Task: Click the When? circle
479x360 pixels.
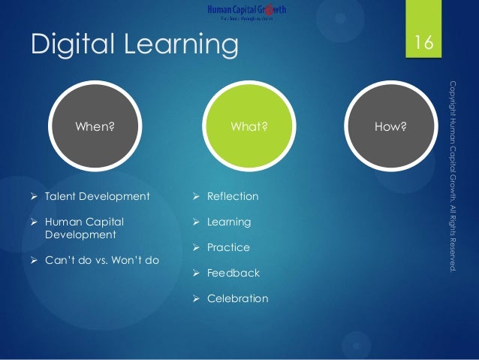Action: [x=95, y=127]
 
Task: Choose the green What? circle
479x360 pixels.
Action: [x=249, y=127]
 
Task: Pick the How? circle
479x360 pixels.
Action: [x=390, y=127]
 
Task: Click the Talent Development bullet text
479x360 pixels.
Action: [x=97, y=197]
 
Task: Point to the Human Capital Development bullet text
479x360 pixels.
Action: [x=84, y=228]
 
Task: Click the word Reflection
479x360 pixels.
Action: [x=232, y=197]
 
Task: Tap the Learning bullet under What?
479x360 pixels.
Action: [x=229, y=222]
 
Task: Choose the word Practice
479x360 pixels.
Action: [x=228, y=248]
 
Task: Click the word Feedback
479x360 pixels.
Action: [x=233, y=274]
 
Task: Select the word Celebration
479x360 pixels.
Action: [x=237, y=299]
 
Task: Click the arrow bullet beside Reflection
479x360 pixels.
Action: [x=196, y=197]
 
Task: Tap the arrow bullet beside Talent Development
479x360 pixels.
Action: [x=35, y=197]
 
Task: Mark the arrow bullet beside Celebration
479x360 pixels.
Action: [x=196, y=299]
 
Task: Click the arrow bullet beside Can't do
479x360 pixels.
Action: [x=35, y=260]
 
